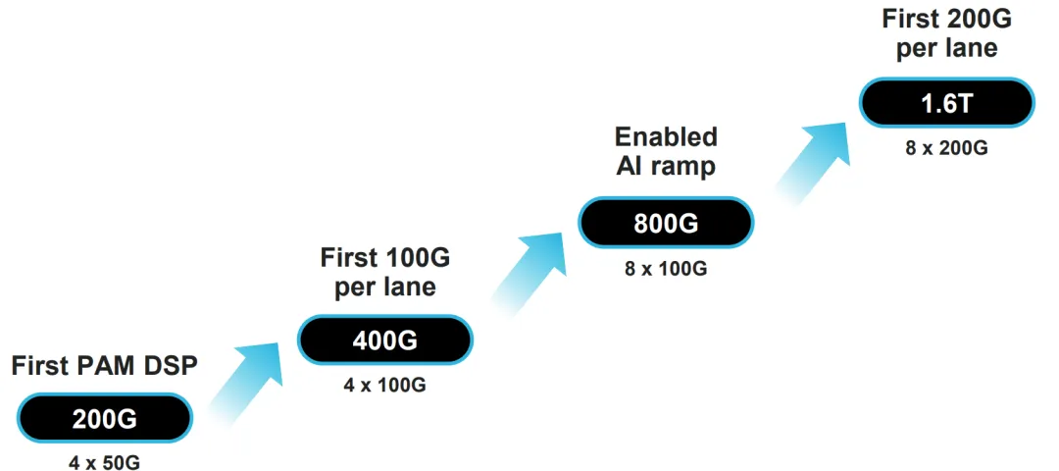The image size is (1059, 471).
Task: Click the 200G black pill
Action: coord(105,419)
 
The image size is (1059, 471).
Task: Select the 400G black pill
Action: coord(385,340)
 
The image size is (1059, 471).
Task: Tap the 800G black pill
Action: coord(666,223)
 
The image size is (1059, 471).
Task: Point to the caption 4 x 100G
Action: coord(385,384)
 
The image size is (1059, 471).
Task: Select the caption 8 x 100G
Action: coord(666,267)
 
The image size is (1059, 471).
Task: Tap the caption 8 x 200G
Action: coord(946,148)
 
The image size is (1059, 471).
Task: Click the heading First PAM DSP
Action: coord(105,366)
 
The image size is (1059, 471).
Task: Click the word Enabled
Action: coord(666,136)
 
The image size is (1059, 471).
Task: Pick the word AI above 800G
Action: coord(630,166)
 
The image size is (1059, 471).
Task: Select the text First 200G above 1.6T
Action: coord(946,19)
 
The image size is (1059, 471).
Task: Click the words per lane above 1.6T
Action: coord(946,48)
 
